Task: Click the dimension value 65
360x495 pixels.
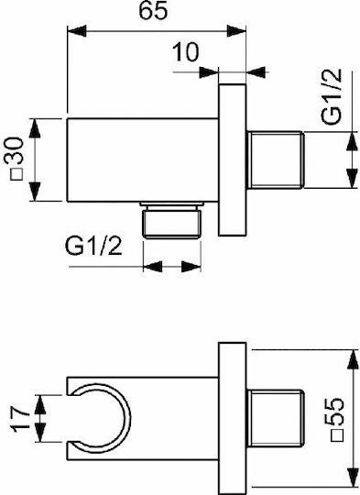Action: (x=153, y=11)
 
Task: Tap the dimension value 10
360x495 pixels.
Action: (x=186, y=51)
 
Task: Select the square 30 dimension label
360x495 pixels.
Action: (x=16, y=159)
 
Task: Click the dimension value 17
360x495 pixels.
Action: (x=21, y=418)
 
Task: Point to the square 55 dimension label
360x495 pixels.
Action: (x=335, y=419)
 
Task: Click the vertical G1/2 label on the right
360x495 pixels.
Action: (x=332, y=96)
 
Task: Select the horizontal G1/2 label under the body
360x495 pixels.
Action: (x=93, y=247)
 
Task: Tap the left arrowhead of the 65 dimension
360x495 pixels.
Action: (x=77, y=31)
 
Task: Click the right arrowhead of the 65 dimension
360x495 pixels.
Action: (x=236, y=31)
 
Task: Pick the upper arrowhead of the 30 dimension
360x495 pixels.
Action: (x=35, y=127)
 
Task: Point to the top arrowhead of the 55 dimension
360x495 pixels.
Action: (x=353, y=359)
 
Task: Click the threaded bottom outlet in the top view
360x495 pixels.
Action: (x=172, y=220)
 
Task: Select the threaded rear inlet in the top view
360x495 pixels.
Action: (x=275, y=159)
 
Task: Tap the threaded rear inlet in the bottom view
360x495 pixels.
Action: (x=275, y=418)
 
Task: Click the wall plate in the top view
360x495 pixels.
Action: (x=233, y=159)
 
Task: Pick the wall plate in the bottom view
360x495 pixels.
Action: (x=233, y=419)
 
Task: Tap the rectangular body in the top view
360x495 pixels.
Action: (x=143, y=159)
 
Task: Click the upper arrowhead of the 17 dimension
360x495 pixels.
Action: (x=40, y=404)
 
